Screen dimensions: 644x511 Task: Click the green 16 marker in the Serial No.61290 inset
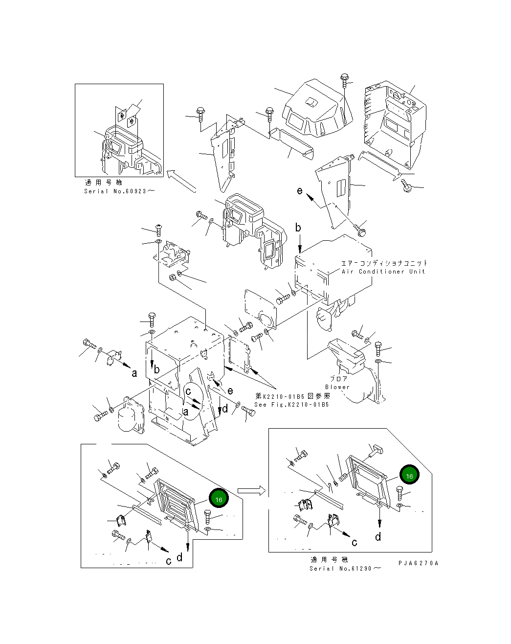pyautogui.click(x=409, y=475)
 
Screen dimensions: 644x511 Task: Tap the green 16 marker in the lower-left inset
pyautogui.click(x=219, y=499)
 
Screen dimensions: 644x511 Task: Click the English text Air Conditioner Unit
pyautogui.click(x=383, y=272)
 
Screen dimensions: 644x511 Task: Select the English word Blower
pyautogui.click(x=337, y=387)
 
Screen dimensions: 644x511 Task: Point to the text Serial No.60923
pyautogui.click(x=119, y=191)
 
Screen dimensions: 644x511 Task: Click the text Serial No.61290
pyautogui.click(x=345, y=568)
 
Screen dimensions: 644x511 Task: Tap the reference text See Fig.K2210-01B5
pyautogui.click(x=291, y=405)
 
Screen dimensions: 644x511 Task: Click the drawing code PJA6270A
pyautogui.click(x=418, y=563)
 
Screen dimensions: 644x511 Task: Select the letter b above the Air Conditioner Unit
pyautogui.click(x=298, y=228)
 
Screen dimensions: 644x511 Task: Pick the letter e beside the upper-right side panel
pyautogui.click(x=300, y=190)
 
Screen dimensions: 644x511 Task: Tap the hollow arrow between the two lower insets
pyautogui.click(x=251, y=490)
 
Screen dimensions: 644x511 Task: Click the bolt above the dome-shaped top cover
pyautogui.click(x=345, y=81)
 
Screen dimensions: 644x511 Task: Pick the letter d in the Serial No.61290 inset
pyautogui.click(x=378, y=537)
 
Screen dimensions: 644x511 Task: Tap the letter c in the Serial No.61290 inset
pyautogui.click(x=355, y=542)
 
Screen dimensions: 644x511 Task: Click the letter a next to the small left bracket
pyautogui.click(x=134, y=373)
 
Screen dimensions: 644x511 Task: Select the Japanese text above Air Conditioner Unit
pyautogui.click(x=384, y=263)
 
